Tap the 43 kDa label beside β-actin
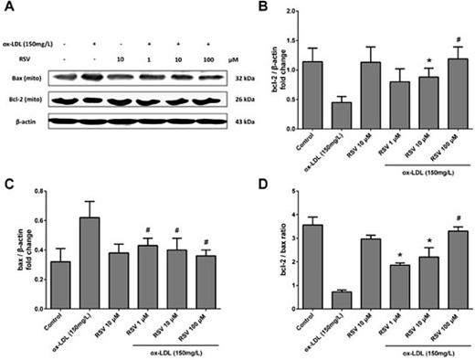[246, 120]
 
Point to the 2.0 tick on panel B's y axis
[296, 12]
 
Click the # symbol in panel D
[454, 220]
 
